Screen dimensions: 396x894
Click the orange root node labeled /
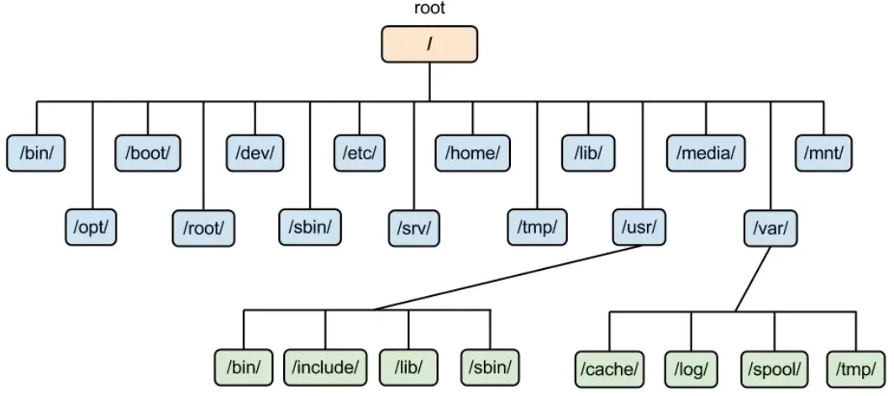pyautogui.click(x=429, y=44)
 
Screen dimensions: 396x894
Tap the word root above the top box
pyautogui.click(x=429, y=9)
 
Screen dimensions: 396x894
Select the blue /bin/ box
pyautogui.click(x=36, y=152)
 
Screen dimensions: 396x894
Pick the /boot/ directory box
pyautogui.click(x=148, y=152)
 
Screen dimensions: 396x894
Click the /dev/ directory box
pyautogui.click(x=255, y=152)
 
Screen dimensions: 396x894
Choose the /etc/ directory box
pyautogui.click(x=360, y=152)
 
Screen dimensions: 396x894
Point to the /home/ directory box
pyautogui.click(x=472, y=152)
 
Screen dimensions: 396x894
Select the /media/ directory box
pyautogui.click(x=706, y=152)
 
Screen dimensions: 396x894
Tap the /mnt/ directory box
pyautogui.click(x=823, y=152)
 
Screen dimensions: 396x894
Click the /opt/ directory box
pyautogui.click(x=91, y=226)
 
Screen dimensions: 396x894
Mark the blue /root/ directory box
pyautogui.click(x=202, y=227)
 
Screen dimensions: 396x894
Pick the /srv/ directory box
pyautogui.click(x=414, y=227)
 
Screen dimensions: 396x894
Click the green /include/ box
pyautogui.click(x=325, y=367)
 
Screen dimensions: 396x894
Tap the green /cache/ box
pyautogui.click(x=610, y=367)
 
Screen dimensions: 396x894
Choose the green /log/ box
pyautogui.click(x=692, y=367)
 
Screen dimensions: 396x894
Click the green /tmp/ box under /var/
pyautogui.click(x=855, y=367)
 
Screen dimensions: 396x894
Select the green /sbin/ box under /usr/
pyautogui.click(x=490, y=367)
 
